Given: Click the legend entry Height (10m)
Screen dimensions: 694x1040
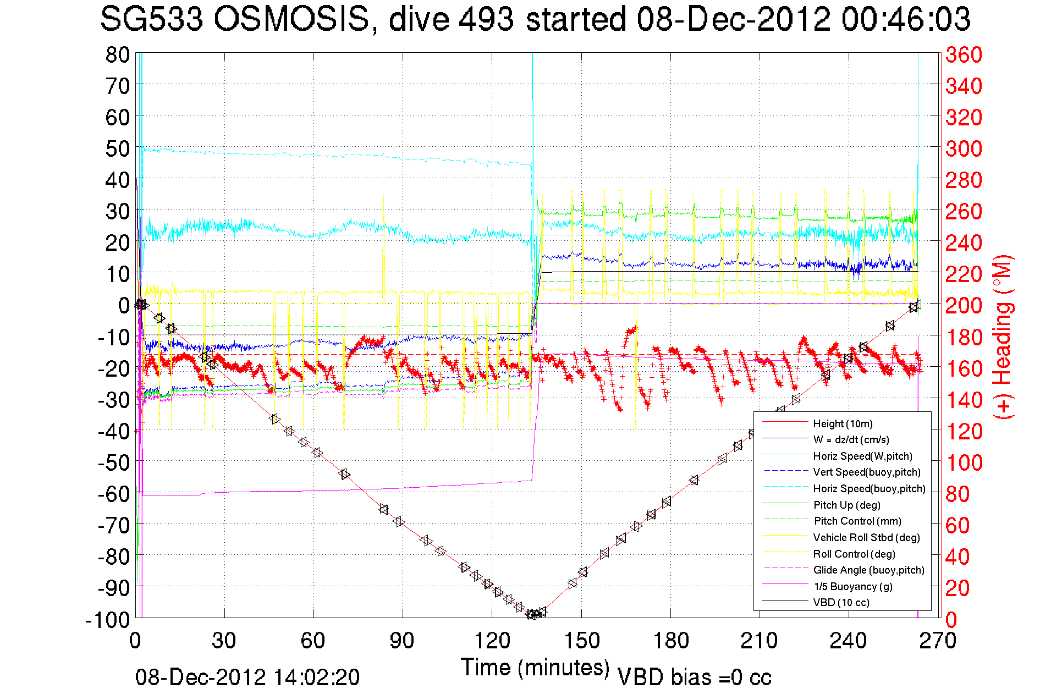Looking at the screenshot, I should coord(843,423).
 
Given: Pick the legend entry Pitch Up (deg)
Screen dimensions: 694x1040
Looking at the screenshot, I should coord(846,505).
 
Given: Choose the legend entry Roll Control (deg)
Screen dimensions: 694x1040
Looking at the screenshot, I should coord(854,554).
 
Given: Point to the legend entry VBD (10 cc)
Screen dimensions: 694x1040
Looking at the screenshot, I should coord(841,602).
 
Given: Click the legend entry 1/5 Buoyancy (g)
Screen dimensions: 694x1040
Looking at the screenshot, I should coord(852,586).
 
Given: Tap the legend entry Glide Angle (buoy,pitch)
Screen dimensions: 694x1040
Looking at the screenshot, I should coord(868,570).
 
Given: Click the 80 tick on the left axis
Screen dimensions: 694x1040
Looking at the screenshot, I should coord(117,54).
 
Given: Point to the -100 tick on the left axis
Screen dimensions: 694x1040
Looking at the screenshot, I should coord(107,620).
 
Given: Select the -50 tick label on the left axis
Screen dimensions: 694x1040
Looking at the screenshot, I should coord(113,462).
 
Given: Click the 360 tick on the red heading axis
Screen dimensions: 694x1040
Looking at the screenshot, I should coord(964,54).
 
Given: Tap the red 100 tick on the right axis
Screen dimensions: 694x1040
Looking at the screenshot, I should coord(964,462).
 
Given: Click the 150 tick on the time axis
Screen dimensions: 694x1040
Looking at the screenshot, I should coord(581,641).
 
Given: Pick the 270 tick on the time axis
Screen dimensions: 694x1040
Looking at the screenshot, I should coord(938,641).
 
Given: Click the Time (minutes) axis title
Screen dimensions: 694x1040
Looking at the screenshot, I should coord(535,668).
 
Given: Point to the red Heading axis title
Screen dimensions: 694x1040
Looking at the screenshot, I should coord(1003,337).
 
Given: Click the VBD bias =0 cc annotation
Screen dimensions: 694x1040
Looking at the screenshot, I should coord(694,677).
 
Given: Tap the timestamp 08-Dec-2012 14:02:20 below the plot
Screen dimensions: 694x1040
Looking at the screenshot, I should coord(247,677).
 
